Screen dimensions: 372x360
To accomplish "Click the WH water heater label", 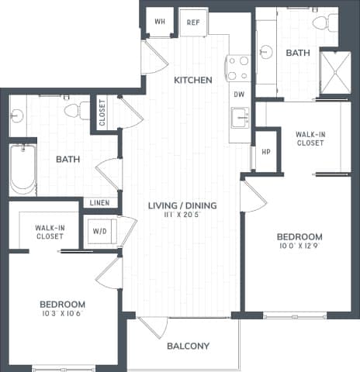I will [160, 22].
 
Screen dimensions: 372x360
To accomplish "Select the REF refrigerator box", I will [192, 22].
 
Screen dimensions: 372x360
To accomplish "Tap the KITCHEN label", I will [193, 80].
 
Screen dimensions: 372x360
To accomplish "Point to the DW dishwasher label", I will [238, 94].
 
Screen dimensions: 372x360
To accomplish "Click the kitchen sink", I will [240, 118].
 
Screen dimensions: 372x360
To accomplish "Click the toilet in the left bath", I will [77, 110].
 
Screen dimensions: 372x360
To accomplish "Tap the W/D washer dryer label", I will [100, 230].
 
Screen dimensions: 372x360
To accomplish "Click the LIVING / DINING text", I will [182, 205].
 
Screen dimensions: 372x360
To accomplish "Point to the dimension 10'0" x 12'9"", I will [299, 246].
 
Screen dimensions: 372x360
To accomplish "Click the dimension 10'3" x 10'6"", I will [63, 315].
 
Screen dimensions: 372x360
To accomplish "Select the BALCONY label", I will [189, 346].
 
